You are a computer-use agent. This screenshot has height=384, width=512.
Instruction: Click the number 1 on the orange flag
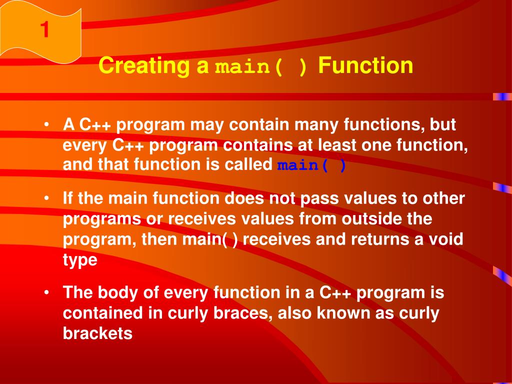[44, 29]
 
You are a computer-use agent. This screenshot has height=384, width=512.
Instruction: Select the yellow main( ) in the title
[261, 66]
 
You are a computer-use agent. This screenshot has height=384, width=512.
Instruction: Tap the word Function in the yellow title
[365, 65]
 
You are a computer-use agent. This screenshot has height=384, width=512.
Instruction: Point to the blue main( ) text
[311, 165]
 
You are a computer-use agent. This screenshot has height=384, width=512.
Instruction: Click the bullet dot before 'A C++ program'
[47, 124]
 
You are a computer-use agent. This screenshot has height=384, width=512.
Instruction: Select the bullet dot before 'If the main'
[47, 198]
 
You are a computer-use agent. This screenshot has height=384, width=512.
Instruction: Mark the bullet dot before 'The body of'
[47, 292]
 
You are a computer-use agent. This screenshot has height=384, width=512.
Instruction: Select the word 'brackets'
[97, 333]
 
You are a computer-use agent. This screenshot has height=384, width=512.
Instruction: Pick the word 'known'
[343, 313]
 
